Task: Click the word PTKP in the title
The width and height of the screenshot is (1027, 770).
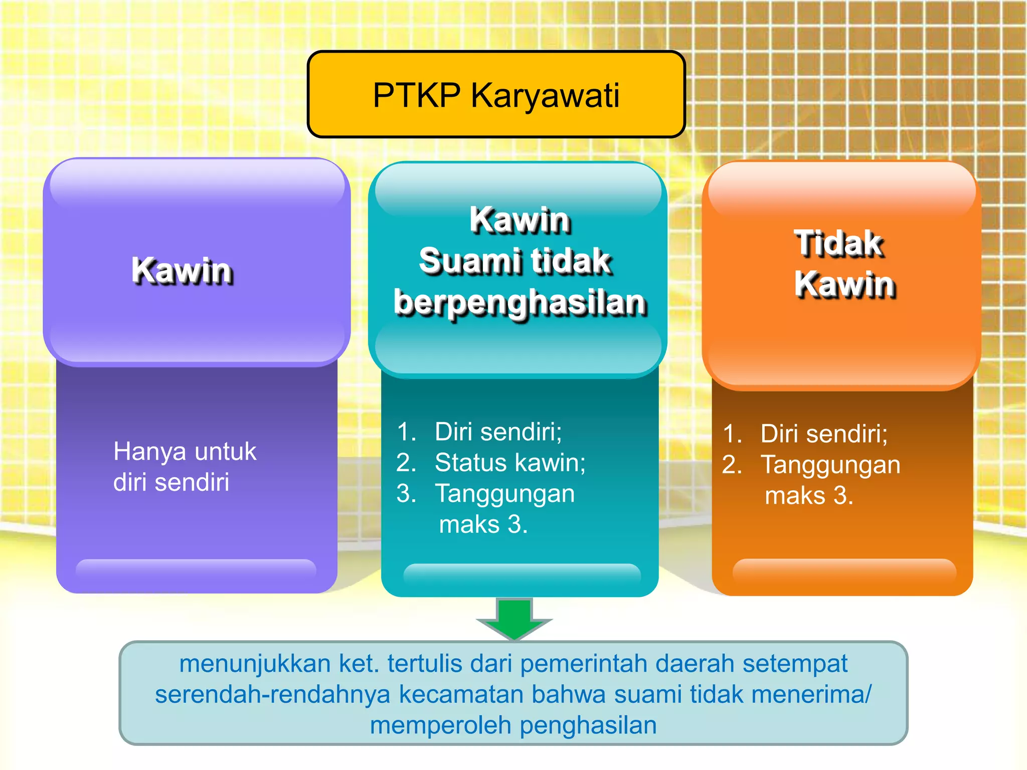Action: tap(416, 95)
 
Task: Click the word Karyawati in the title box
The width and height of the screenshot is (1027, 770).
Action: tap(545, 95)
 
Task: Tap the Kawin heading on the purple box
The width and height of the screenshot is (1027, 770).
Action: tap(182, 271)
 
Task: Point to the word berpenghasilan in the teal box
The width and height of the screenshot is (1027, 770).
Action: tap(520, 302)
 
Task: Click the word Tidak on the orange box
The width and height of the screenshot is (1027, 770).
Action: tap(839, 243)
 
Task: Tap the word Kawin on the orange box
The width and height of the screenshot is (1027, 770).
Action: tap(845, 284)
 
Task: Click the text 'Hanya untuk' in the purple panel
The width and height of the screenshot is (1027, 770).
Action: tap(185, 451)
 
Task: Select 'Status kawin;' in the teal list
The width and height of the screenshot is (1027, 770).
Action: tap(509, 462)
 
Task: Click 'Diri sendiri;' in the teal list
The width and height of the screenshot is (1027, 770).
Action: tap(498, 431)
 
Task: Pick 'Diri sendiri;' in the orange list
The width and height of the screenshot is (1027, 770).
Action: tap(823, 434)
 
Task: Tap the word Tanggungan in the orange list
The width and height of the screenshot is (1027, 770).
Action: tap(830, 465)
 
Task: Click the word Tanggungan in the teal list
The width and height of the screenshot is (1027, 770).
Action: tap(504, 493)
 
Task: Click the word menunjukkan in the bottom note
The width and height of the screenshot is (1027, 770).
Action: tap(255, 664)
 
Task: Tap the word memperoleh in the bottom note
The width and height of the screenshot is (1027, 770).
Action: tap(440, 725)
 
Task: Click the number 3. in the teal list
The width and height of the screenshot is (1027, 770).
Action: tap(406, 493)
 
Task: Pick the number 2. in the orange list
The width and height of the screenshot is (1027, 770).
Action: tap(732, 465)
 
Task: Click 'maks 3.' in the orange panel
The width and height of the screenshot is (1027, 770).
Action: tap(808, 496)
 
